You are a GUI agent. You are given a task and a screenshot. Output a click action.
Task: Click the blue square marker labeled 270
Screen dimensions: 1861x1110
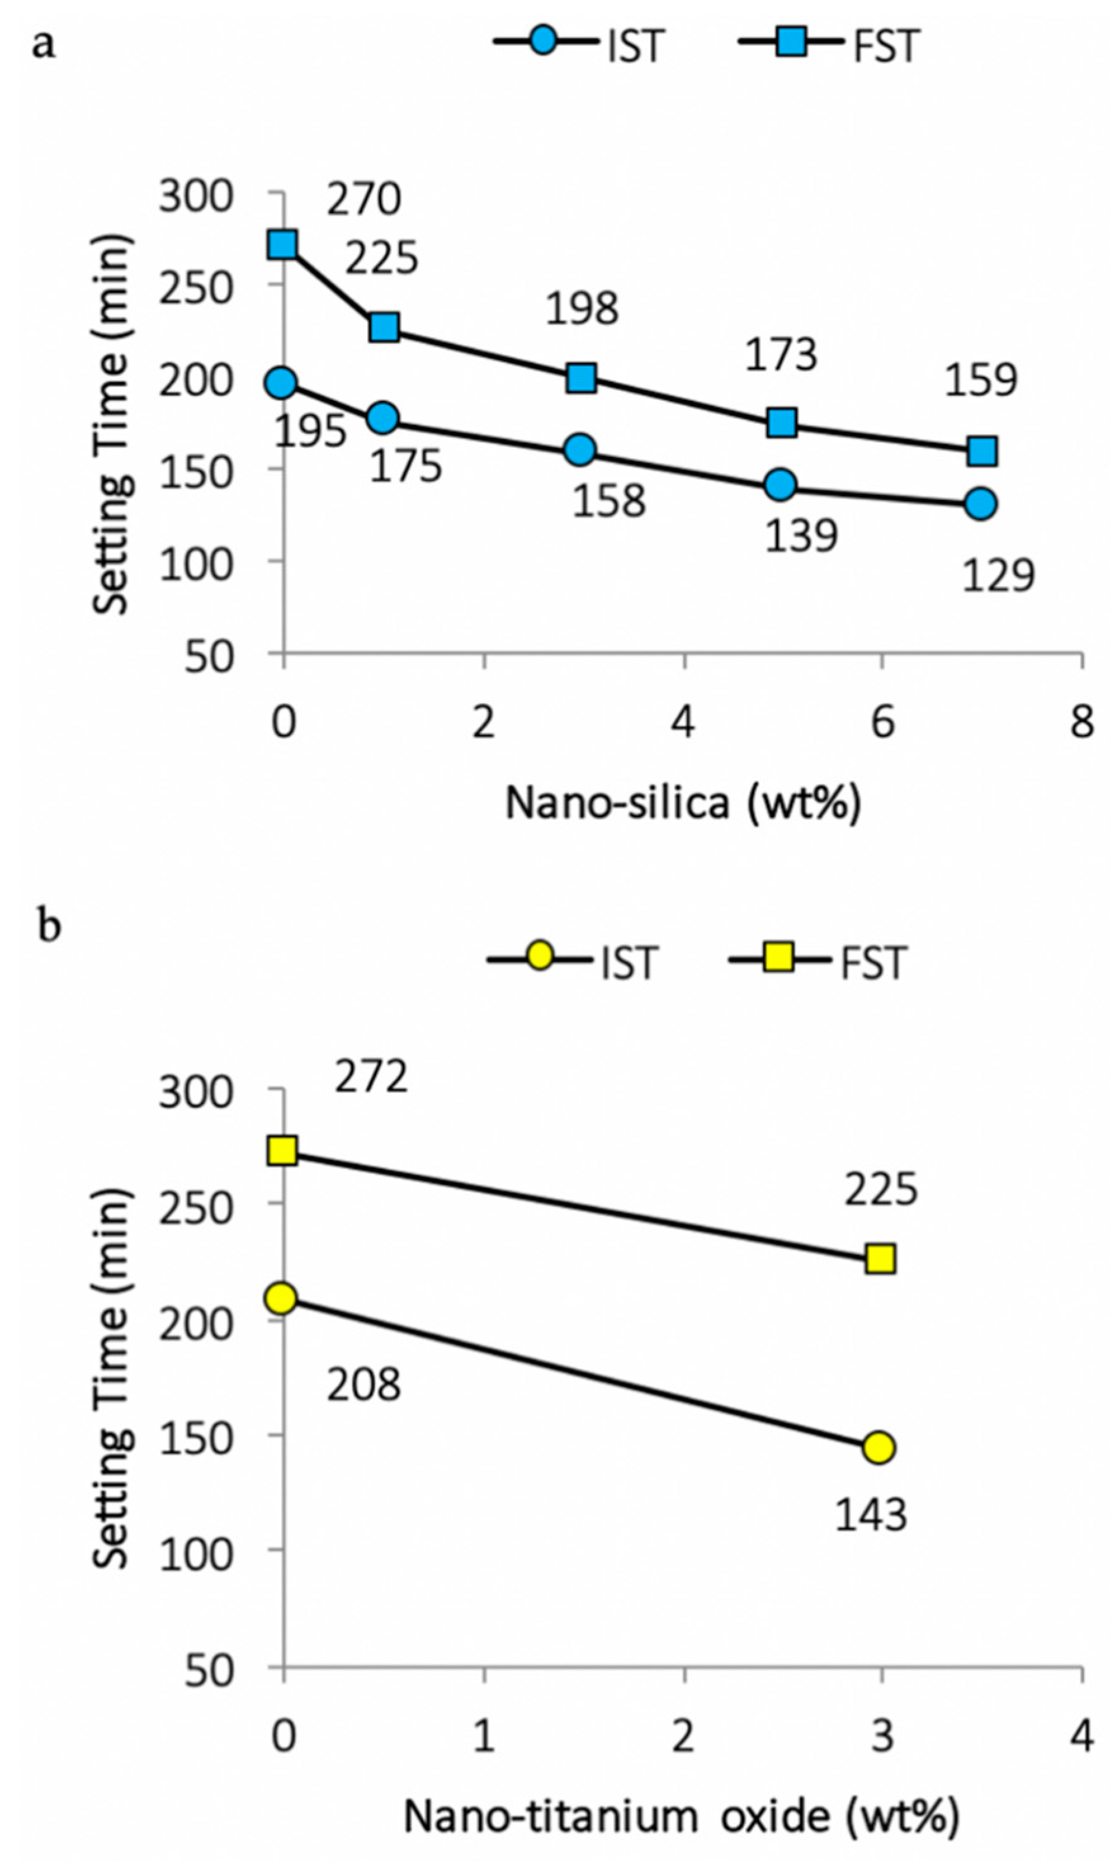pos(283,244)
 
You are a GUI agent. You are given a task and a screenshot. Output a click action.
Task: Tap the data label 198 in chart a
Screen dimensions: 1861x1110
pos(582,309)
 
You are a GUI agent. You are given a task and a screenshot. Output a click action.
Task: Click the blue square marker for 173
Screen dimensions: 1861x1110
pos(781,423)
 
